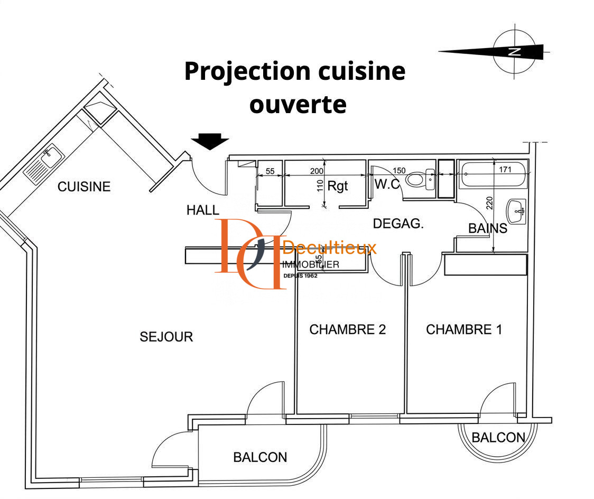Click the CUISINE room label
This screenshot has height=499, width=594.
tap(83, 187)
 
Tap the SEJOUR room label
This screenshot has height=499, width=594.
tap(166, 337)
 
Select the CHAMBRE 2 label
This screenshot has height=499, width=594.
tap(347, 329)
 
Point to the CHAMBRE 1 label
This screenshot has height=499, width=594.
tap(464, 329)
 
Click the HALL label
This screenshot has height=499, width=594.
tap(203, 210)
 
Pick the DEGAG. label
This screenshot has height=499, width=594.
tap(398, 224)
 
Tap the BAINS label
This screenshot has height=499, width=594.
tap(488, 228)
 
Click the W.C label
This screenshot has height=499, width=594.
tap(387, 184)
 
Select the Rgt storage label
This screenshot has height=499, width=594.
tap(338, 186)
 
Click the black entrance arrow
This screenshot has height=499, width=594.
tap(210, 141)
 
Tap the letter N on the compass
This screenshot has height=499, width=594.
tap(514, 52)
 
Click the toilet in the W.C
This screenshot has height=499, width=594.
tap(421, 179)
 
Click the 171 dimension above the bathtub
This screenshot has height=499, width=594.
tap(505, 169)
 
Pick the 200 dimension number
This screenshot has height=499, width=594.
tap(317, 171)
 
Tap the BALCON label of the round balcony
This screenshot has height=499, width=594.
tap(498, 438)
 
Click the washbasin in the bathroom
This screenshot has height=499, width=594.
tap(516, 211)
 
